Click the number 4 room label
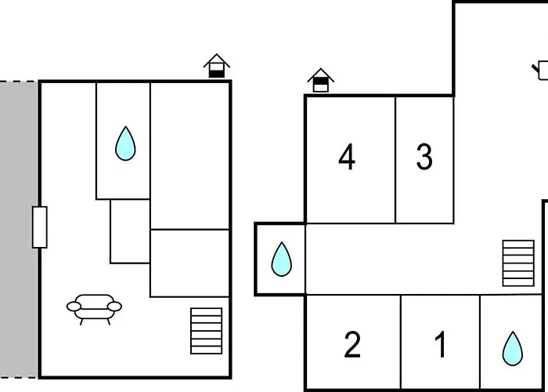point(347,157)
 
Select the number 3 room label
point(424,157)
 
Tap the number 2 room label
point(352,345)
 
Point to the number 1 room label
point(441,345)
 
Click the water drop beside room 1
point(513,349)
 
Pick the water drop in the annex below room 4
point(281,260)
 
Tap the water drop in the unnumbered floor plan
point(125,143)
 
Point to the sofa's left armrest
point(74,307)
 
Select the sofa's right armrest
point(114,307)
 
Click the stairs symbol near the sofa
point(206,331)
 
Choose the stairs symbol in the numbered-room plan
point(518,263)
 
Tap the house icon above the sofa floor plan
point(217,66)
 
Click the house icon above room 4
point(321,80)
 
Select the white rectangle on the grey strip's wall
point(39,227)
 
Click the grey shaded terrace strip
point(18,230)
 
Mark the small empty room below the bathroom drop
point(130,231)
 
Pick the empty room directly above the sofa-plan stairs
point(189,263)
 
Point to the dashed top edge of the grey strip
point(18,82)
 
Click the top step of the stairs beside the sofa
point(206,312)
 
